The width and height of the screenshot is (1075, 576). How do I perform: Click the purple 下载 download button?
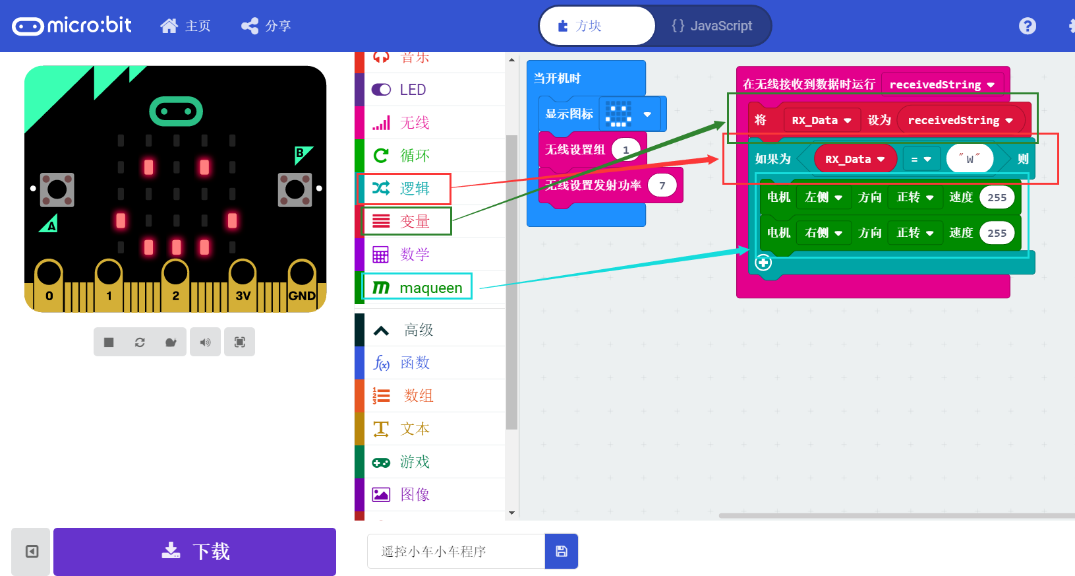(194, 552)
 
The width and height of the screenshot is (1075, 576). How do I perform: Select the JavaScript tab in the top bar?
(712, 26)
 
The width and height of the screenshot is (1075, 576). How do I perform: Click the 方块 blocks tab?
(580, 26)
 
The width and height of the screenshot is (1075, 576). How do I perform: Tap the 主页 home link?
(186, 26)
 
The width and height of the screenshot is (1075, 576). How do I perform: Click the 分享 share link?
(266, 26)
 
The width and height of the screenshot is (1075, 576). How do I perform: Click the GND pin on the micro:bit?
(302, 284)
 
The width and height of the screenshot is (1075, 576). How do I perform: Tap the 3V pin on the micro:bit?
(243, 284)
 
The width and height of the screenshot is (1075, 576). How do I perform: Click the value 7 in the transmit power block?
(662, 185)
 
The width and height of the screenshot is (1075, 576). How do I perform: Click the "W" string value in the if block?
(970, 159)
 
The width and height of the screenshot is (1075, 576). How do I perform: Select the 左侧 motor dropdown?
(823, 197)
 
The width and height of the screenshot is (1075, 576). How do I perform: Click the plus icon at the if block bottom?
(763, 263)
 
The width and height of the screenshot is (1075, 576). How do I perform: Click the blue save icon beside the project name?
(562, 552)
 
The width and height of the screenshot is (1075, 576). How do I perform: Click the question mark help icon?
(1027, 26)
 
